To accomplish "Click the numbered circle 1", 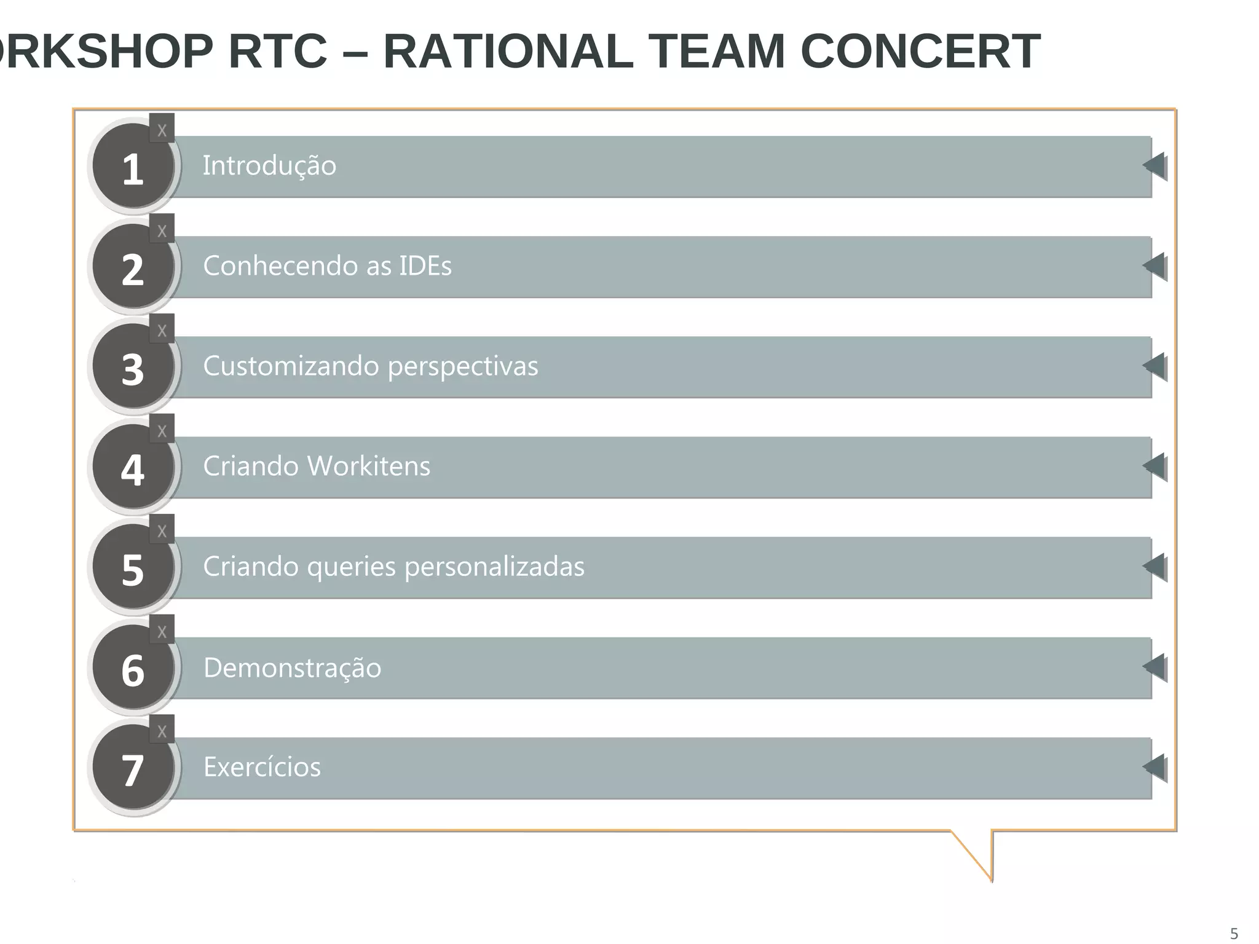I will tap(133, 167).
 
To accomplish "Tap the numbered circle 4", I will tap(133, 467).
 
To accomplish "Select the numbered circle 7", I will tap(133, 768).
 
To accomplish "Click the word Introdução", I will tap(269, 166).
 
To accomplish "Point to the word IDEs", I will tap(425, 266).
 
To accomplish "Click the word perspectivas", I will tap(463, 366).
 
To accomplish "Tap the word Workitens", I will tap(368, 466).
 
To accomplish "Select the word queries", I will tap(351, 567).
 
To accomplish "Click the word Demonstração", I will tap(292, 667).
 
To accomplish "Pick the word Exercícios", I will tap(262, 767).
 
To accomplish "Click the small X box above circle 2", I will tap(162, 230).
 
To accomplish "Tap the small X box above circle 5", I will tap(162, 530).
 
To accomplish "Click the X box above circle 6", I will tap(162, 631).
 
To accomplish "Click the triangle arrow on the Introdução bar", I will tap(1155, 166).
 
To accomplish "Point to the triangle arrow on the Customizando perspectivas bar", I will tap(1155, 366).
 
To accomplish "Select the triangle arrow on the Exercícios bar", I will tap(1155, 767).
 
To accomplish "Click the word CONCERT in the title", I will tap(920, 52).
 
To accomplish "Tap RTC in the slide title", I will tap(277, 52).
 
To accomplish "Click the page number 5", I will tap(1233, 933).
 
